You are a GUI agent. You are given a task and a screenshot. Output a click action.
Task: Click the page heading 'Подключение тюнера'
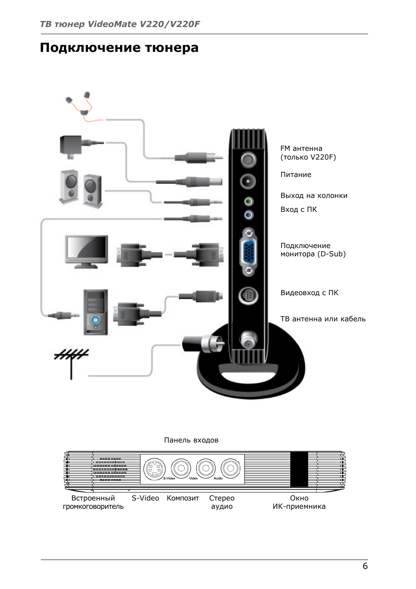(119, 48)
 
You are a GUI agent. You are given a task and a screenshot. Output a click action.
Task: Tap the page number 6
(365, 566)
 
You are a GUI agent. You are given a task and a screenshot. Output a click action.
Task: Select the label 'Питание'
(296, 175)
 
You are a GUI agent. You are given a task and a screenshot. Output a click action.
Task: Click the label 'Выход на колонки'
(314, 196)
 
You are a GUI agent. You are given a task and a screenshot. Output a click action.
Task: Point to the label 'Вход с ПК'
(299, 210)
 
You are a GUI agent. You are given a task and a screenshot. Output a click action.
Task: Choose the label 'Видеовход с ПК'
(309, 293)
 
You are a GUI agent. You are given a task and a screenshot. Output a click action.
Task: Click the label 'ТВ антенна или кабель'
(323, 319)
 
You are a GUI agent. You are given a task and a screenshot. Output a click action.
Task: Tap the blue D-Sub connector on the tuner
(249, 252)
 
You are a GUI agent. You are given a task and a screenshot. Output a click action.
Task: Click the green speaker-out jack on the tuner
(249, 201)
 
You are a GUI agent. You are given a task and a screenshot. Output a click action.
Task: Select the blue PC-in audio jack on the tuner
(249, 215)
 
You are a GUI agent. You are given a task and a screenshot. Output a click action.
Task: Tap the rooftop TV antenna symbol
(71, 361)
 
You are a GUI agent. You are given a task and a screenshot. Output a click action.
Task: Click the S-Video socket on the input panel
(155, 469)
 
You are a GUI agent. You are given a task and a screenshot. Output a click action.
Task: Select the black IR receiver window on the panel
(299, 469)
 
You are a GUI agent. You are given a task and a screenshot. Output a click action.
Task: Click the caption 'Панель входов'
(191, 440)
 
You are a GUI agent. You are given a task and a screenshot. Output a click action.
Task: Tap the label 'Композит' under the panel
(183, 498)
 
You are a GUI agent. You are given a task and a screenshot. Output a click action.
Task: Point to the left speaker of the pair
(69, 187)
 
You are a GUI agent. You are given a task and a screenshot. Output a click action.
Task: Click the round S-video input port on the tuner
(248, 296)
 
